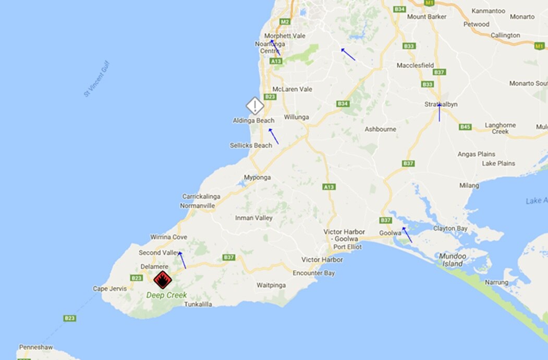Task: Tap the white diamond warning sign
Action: point(255,106)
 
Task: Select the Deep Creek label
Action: point(166,295)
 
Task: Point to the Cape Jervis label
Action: point(109,289)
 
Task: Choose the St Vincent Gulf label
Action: point(97,79)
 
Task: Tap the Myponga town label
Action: point(257,177)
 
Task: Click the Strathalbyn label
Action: point(441,104)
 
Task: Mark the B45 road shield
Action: point(466,127)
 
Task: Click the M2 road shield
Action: point(284,22)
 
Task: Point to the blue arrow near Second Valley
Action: point(182,260)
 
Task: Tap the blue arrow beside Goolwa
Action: point(407,234)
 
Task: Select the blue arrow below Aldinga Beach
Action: point(273,136)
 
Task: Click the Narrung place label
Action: point(496,282)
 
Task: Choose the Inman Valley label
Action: point(254,218)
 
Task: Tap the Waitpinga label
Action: point(271,285)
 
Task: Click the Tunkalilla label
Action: point(198,304)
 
